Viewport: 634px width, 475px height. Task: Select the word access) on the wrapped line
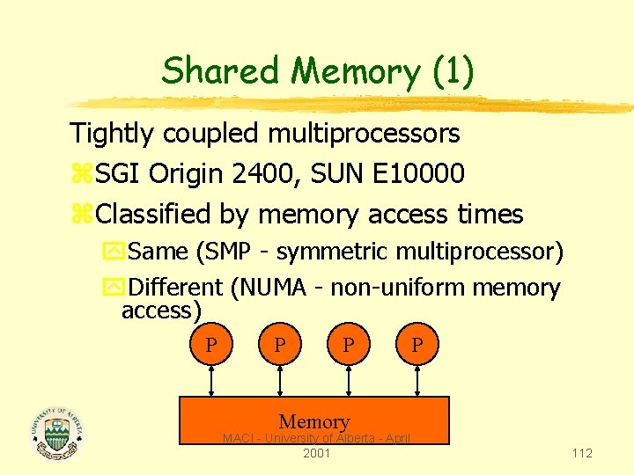(x=162, y=311)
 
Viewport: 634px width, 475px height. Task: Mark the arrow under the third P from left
(x=350, y=380)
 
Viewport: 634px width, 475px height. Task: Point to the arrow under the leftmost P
(x=210, y=380)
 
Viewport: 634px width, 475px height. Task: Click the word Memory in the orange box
(x=314, y=422)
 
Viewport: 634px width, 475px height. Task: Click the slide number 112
(x=581, y=453)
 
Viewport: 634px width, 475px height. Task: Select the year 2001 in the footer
(x=316, y=453)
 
